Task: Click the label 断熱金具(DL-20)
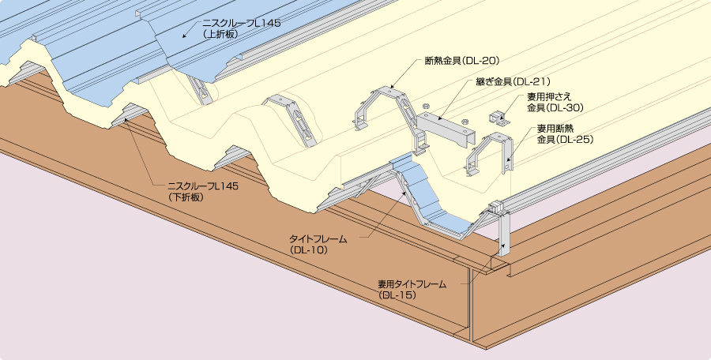coord(461,61)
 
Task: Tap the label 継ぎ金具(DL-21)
coord(513,81)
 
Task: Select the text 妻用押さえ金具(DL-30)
coord(555,103)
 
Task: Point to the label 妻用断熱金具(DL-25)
coord(565,134)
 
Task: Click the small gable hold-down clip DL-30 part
coord(499,117)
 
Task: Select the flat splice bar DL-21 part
coord(446,129)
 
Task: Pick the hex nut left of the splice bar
coord(426,107)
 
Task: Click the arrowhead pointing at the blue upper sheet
coord(185,35)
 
